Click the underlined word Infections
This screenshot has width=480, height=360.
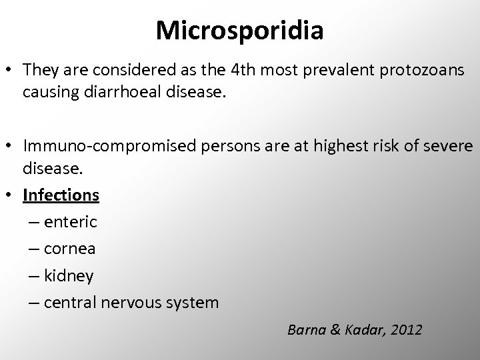point(61,195)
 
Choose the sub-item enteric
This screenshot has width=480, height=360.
point(71,222)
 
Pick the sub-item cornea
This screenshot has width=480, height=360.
point(70,249)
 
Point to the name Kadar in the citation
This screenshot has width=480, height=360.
point(361,329)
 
